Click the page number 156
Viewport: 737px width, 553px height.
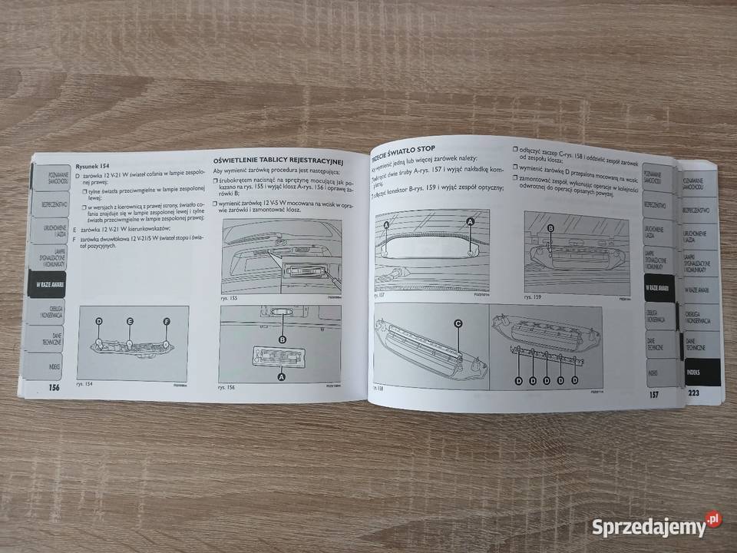click(54, 388)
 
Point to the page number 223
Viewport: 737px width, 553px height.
click(694, 393)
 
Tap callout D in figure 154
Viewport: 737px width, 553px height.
click(99, 322)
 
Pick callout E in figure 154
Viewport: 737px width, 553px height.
click(130, 321)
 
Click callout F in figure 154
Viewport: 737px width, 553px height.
click(166, 321)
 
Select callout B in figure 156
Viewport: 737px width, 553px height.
click(283, 339)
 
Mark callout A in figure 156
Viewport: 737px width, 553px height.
click(281, 378)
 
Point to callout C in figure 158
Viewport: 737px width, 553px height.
click(458, 324)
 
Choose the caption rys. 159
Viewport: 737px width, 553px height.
click(534, 296)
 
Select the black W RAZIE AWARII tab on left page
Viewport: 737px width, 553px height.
click(46, 284)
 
